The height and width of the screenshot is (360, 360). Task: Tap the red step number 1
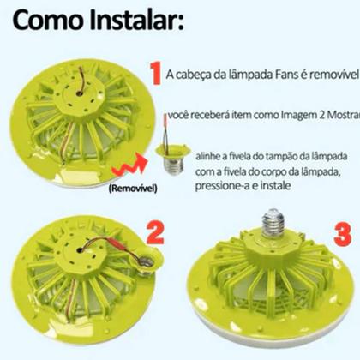point(155,75)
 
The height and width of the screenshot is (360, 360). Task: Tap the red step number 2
point(156,234)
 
